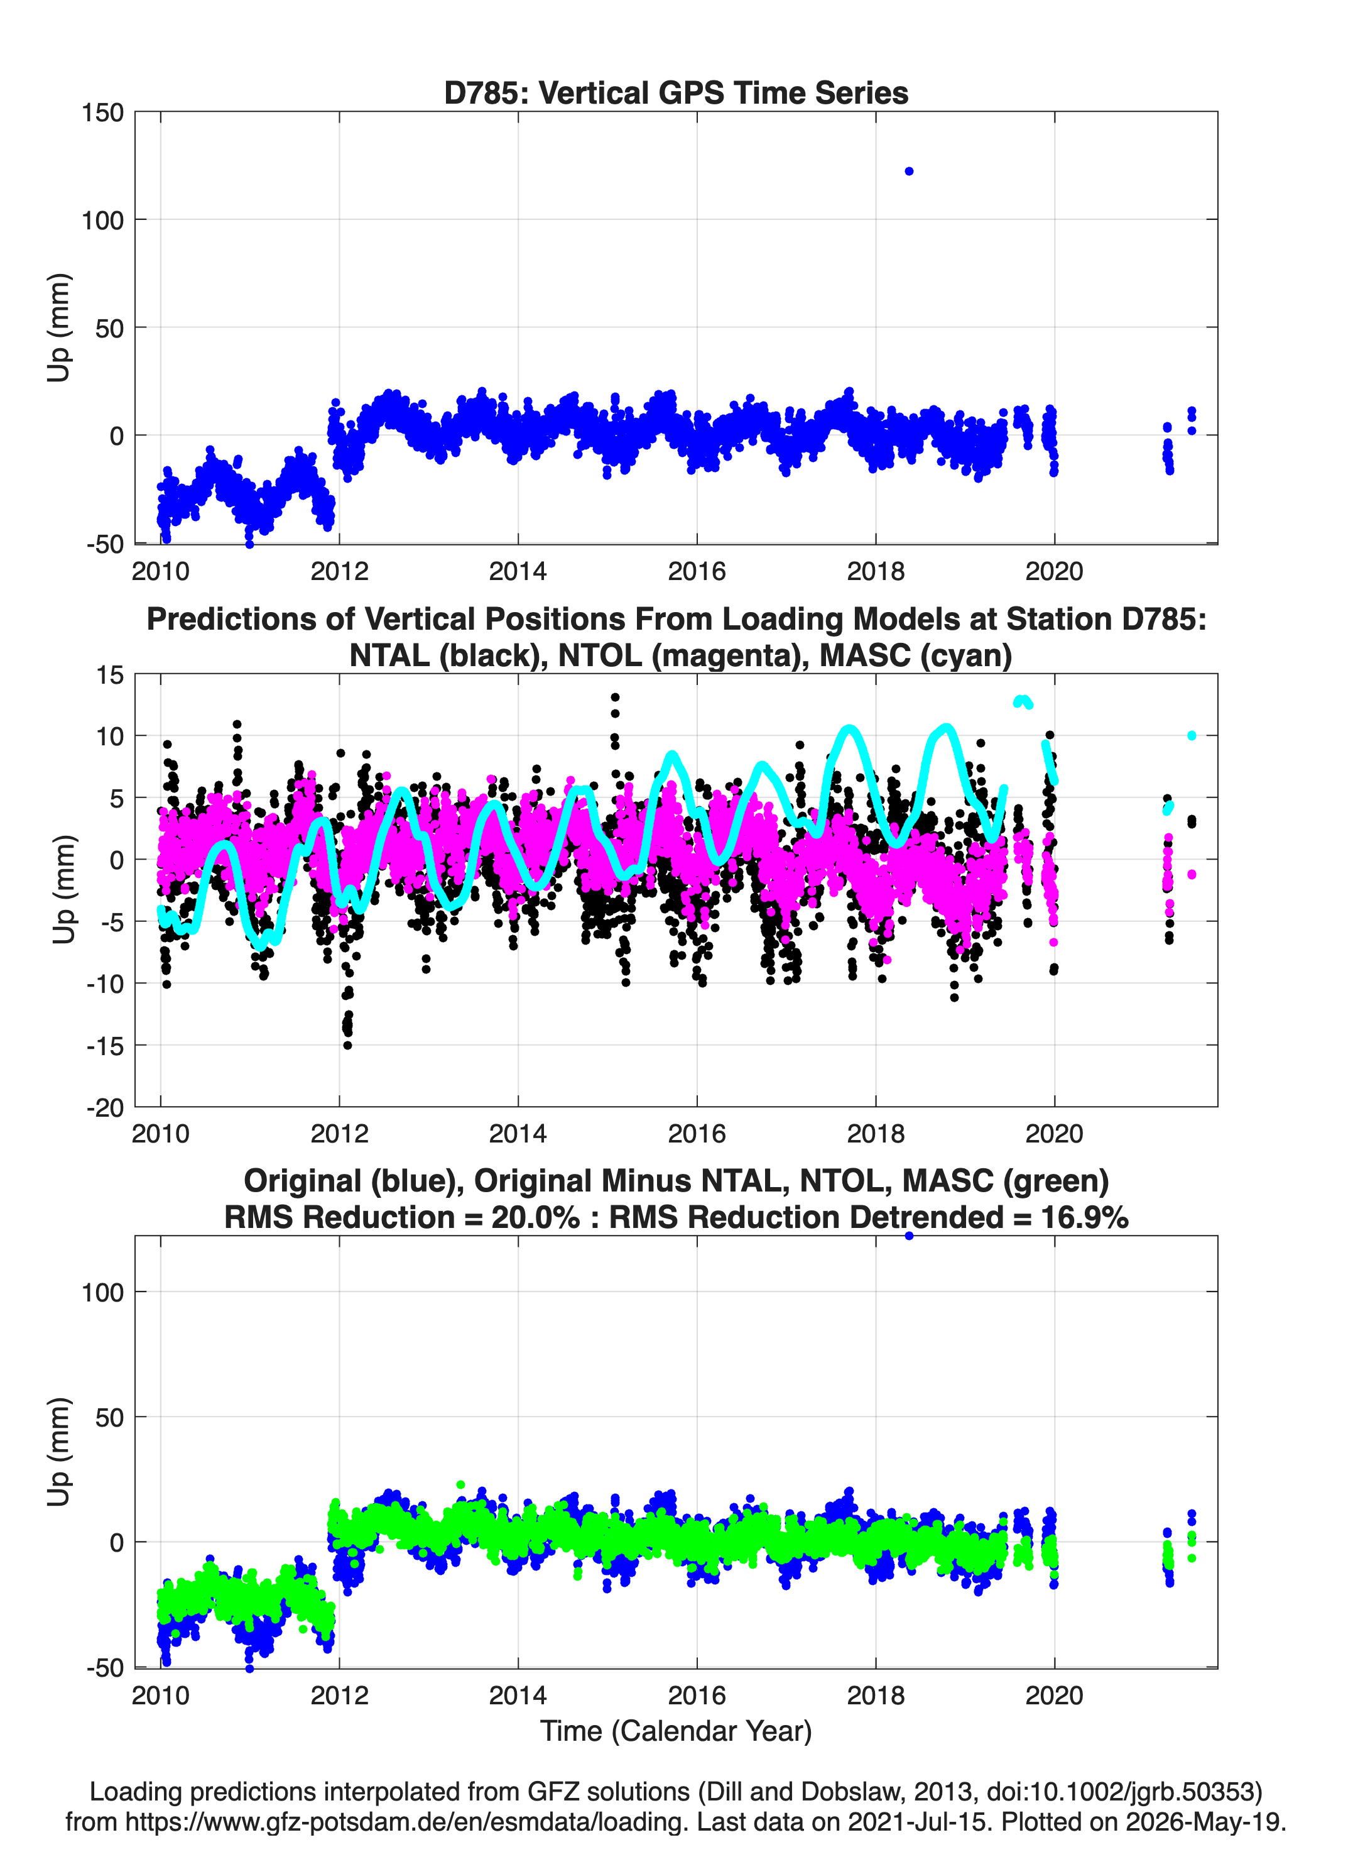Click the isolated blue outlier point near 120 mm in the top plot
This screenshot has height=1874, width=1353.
(909, 171)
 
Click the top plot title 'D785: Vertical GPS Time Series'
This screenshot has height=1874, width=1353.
(676, 92)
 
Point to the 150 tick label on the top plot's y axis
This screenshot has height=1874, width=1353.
(102, 112)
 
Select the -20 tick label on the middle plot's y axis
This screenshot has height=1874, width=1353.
(105, 1107)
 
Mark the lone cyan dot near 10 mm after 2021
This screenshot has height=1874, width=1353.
(1191, 735)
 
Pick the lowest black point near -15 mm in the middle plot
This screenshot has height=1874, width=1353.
(348, 1045)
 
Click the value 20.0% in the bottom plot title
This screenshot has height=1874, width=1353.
(535, 1217)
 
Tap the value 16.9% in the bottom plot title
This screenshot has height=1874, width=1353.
(1085, 1217)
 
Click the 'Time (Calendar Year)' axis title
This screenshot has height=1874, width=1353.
(676, 1731)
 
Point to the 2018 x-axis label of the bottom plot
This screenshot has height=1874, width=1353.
(876, 1695)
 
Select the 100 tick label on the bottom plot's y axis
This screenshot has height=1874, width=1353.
(102, 1292)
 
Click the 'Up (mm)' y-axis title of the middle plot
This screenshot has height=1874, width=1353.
(63, 889)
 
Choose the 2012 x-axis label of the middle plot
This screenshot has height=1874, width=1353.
(339, 1133)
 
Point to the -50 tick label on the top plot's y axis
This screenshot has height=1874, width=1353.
(105, 544)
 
